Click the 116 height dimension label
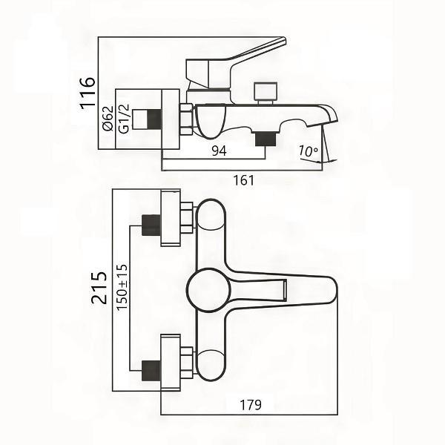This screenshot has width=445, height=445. pyautogui.click(x=89, y=91)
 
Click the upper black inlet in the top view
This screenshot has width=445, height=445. pyautogui.click(x=151, y=225)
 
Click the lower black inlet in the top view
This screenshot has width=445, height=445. pyautogui.click(x=151, y=369)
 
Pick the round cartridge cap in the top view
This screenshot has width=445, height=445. pyautogui.click(x=208, y=290)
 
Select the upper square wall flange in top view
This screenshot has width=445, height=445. pyautogui.click(x=170, y=217)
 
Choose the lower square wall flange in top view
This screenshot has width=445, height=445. pyautogui.click(x=170, y=361)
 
